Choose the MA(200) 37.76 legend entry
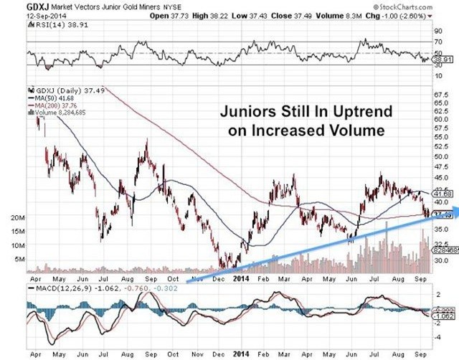pos(52,105)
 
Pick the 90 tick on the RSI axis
pos(437,31)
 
